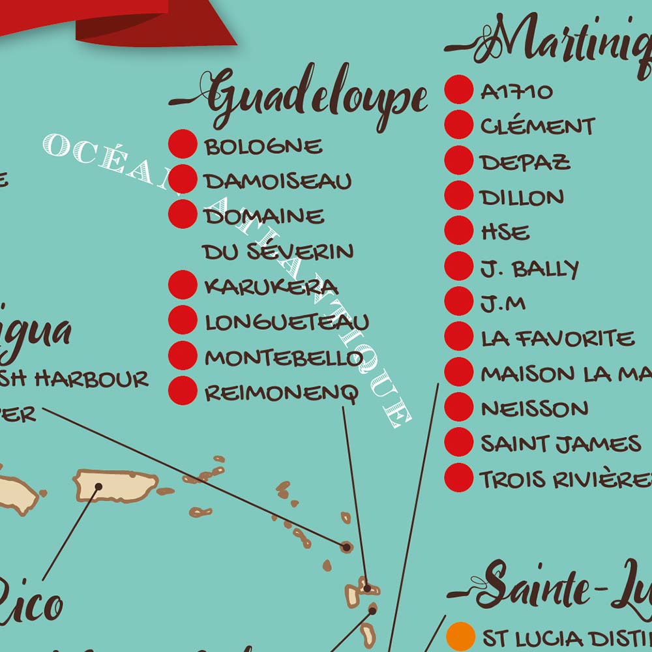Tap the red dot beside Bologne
pos(183,145)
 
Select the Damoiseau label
pos(278,181)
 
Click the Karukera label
pos(271,286)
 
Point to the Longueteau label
pos(287,321)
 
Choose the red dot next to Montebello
pos(183,356)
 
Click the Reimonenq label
pos(282,393)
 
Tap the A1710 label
pos(516,92)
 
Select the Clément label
pos(538,126)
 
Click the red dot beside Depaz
pos(459,161)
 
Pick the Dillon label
pos(522,197)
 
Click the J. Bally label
pos(529,268)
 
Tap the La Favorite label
pos(557,338)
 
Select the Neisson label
pos(535,409)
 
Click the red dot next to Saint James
pos(459,443)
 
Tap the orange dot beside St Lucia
pos(461,636)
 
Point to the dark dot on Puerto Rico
pos(98,486)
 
